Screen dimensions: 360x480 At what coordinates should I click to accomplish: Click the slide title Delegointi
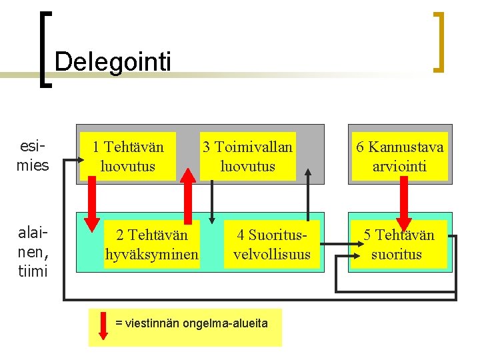point(113,62)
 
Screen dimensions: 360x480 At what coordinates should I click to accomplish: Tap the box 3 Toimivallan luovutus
point(247,156)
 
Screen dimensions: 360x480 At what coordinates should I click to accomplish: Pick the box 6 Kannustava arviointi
point(399,156)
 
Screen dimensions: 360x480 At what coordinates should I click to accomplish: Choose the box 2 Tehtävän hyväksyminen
point(152,245)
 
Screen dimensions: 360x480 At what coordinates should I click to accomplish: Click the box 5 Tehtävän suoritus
point(398,245)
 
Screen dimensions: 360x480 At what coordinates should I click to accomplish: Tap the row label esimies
point(33,155)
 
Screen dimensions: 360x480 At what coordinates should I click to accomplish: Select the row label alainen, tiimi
point(33,244)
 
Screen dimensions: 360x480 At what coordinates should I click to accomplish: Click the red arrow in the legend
point(103,325)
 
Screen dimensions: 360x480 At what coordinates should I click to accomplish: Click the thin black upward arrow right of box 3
point(308,193)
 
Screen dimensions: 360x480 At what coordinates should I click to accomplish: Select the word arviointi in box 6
point(399,166)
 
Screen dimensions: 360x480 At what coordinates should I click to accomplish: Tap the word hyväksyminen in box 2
point(152,255)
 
